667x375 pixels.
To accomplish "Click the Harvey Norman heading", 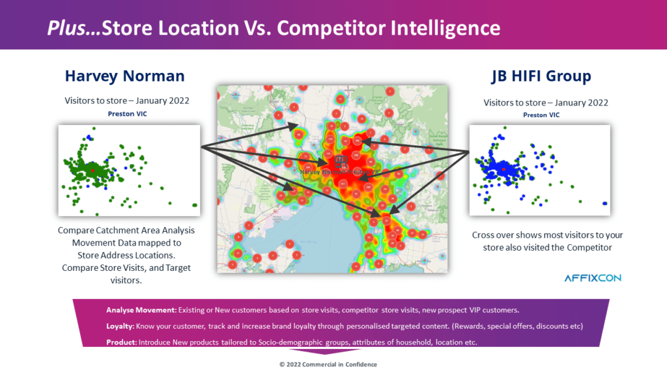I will (124, 76).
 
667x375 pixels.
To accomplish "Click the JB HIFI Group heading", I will (541, 76).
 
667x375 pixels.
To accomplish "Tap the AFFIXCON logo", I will (593, 278).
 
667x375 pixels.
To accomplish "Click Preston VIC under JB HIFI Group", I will (541, 115).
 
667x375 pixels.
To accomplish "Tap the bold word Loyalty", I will (121, 325).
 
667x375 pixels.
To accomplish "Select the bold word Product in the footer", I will (121, 342).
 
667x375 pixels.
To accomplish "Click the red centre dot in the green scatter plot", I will (93, 169).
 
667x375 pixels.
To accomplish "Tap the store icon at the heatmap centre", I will (340, 161).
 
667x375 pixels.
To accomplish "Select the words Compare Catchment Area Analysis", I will (126, 230).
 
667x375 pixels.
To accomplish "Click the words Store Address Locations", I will (126, 255).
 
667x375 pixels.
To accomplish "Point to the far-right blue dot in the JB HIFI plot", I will (606, 202).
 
